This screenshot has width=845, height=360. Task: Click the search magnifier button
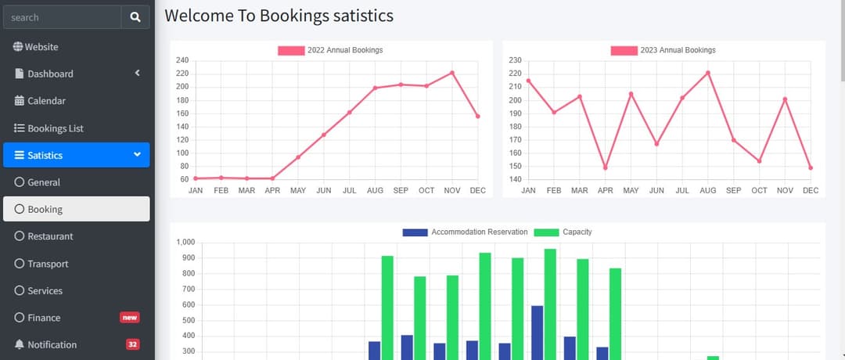click(135, 17)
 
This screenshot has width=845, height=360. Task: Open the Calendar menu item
click(46, 101)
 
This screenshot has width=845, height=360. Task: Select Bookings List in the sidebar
click(55, 128)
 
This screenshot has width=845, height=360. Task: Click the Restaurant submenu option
click(50, 236)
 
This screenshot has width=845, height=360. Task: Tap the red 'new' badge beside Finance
click(129, 318)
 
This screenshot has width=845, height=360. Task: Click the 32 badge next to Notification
click(132, 344)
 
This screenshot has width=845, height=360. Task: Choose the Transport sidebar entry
click(48, 264)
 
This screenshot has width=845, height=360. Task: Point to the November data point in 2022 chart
click(452, 73)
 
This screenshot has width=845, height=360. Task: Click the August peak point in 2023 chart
click(707, 73)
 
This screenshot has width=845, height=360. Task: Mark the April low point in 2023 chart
click(605, 167)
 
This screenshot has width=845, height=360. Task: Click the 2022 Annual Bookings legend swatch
click(290, 50)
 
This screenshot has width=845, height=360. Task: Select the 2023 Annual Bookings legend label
click(678, 50)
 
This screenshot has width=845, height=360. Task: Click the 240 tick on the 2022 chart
click(182, 60)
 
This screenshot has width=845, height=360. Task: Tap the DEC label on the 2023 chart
click(811, 191)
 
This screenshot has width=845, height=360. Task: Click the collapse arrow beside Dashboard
click(137, 73)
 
